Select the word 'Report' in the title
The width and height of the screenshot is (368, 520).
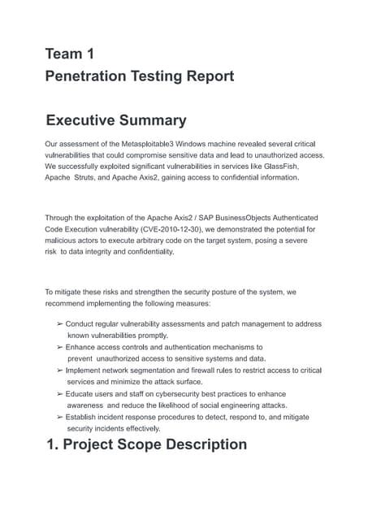pyautogui.click(x=206, y=76)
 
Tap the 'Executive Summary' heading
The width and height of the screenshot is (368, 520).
pyautogui.click(x=116, y=120)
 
